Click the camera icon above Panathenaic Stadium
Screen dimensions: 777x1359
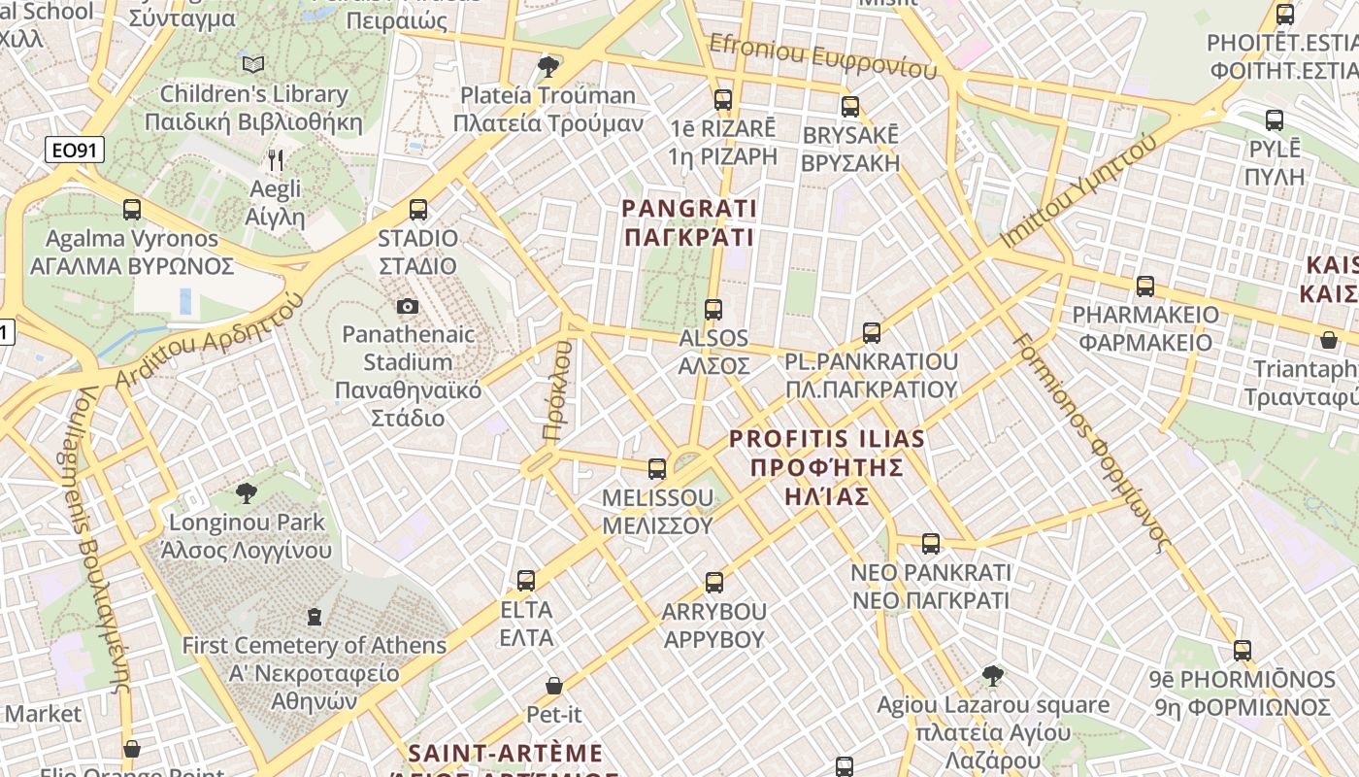coord(408,306)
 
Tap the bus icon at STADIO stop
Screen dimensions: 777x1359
coord(418,209)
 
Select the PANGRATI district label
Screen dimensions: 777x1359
coord(689,222)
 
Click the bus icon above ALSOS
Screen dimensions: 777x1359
coord(713,309)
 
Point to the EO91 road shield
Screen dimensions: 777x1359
coord(74,151)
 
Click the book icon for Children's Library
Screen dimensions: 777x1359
coord(253,65)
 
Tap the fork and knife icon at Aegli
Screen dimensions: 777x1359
coord(277,159)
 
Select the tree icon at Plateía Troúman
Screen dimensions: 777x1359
coord(547,66)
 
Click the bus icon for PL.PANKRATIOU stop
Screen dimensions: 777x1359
coord(872,333)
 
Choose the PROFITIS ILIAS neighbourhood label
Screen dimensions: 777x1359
coord(827,467)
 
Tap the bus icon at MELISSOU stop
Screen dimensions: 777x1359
coord(657,469)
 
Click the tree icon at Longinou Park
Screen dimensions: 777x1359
coord(247,493)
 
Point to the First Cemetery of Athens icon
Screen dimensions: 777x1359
coord(314,616)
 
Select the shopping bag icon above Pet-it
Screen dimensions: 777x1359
coord(554,686)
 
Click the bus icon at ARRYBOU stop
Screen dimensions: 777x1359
coord(714,583)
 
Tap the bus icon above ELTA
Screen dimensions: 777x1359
coord(526,581)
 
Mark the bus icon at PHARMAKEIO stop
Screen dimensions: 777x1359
coord(1145,287)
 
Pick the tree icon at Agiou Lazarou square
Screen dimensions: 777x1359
coord(992,675)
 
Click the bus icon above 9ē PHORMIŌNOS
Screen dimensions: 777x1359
coord(1243,650)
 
